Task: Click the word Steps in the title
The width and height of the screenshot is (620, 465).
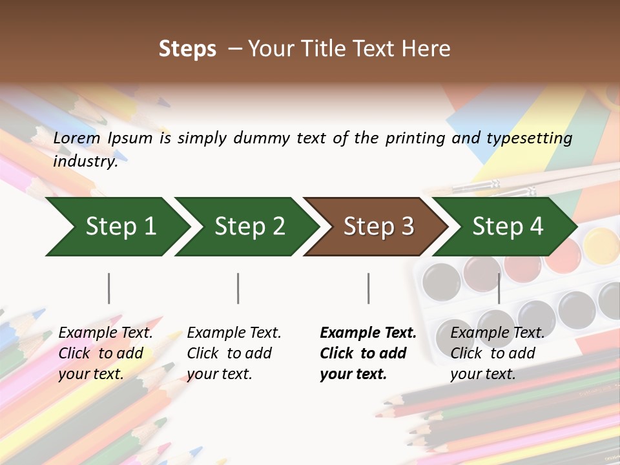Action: click(187, 49)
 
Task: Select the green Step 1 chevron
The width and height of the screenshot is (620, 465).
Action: click(116, 227)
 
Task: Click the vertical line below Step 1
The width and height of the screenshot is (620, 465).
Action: click(109, 288)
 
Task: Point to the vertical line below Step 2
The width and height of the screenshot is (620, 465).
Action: click(238, 288)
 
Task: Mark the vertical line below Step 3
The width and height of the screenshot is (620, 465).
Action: click(368, 288)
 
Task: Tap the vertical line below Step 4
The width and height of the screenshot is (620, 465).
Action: click(499, 288)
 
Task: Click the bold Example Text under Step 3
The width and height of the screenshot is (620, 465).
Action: click(368, 333)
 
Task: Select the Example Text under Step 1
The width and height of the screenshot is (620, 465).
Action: click(105, 333)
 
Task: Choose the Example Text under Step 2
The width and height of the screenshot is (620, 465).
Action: click(234, 333)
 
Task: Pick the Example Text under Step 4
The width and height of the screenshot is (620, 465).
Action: click(497, 333)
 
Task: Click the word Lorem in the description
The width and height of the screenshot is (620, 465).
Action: click(77, 138)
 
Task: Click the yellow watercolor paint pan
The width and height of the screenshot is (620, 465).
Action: click(601, 245)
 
